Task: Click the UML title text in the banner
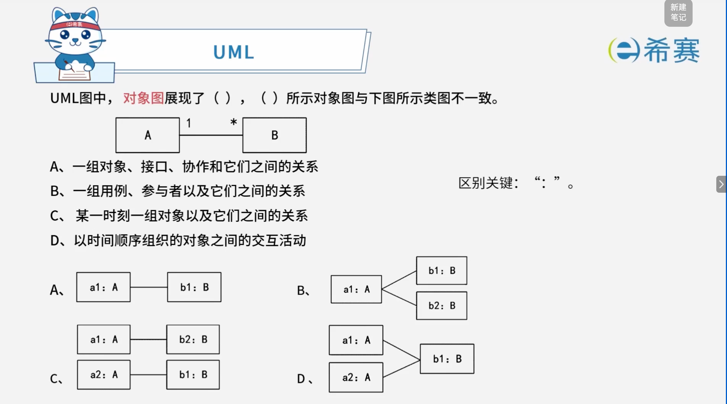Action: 234,52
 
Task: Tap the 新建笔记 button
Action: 678,13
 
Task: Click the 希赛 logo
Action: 654,50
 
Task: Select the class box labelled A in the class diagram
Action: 147,135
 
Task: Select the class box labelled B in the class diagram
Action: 275,135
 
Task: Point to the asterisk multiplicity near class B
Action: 233,122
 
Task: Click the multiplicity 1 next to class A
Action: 189,123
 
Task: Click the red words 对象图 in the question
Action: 143,98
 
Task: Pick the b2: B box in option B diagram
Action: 442,306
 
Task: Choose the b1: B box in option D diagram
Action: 447,359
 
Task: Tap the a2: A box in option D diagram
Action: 356,377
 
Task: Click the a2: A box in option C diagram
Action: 103,375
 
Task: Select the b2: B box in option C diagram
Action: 193,339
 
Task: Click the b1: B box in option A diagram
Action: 194,287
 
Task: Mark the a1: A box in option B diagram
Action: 356,289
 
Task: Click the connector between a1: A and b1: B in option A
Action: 149,287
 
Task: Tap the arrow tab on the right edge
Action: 721,184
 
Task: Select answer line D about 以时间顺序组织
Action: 178,241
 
